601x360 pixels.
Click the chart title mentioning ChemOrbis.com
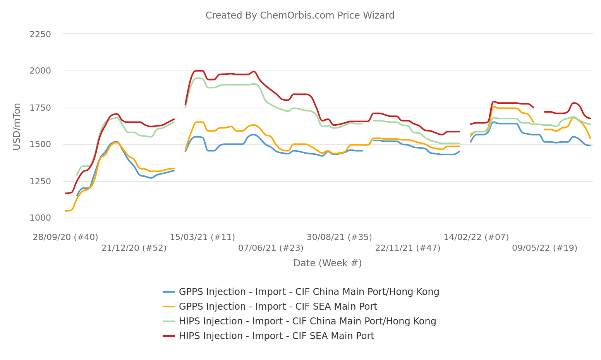300,15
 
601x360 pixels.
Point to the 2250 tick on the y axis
40,34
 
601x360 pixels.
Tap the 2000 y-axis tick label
40,71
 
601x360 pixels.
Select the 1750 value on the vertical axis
40,108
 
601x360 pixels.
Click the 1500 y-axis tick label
40,144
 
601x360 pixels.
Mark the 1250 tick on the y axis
40,181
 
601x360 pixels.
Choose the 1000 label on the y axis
40,218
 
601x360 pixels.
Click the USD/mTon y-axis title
17,126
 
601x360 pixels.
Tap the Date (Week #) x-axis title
327,263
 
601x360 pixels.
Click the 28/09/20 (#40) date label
65,237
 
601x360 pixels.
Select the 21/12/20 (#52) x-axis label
134,248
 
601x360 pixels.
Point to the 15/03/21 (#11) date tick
203,237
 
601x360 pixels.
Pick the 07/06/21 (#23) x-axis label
271,248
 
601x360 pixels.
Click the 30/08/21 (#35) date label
339,237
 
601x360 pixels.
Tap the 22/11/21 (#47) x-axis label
408,248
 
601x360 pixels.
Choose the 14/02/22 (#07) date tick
476,237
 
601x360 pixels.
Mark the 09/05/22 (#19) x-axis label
544,248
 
